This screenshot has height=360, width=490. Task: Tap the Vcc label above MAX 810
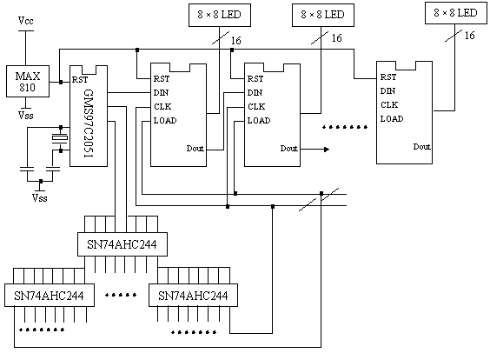[25, 21]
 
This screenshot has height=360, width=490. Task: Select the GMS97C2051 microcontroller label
[89, 123]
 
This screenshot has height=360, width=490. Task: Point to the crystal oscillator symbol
[60, 138]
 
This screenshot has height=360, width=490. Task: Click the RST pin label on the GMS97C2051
[80, 80]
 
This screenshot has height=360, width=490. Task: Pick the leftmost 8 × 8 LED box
[220, 15]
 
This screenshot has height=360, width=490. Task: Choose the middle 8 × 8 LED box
[323, 15]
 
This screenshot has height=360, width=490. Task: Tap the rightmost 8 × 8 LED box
[456, 13]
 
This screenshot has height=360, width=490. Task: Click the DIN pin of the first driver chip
[161, 92]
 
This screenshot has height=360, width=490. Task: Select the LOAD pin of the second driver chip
[259, 120]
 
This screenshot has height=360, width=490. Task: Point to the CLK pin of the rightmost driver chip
[389, 104]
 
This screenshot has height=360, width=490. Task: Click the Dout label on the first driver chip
[195, 148]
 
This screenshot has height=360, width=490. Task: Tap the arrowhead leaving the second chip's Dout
[327, 150]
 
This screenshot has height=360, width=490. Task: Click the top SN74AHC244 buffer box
[122, 244]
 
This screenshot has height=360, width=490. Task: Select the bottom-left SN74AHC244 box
[50, 296]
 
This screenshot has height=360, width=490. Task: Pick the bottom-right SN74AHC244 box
[193, 296]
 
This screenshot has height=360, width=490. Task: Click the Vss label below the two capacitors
[40, 198]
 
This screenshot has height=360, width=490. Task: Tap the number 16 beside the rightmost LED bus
[469, 36]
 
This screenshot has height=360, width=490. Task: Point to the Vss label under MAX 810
[25, 116]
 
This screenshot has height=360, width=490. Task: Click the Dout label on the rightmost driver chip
[422, 147]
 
